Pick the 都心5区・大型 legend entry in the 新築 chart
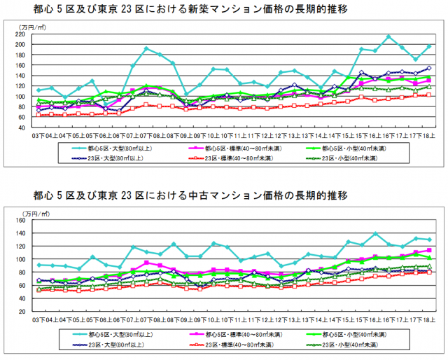(116, 148)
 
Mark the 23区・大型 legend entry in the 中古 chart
(116, 344)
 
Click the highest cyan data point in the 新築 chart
(388, 36)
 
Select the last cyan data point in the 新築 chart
(428, 46)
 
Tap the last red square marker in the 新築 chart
(428, 95)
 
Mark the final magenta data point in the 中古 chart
(428, 250)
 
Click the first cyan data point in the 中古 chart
(39, 265)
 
